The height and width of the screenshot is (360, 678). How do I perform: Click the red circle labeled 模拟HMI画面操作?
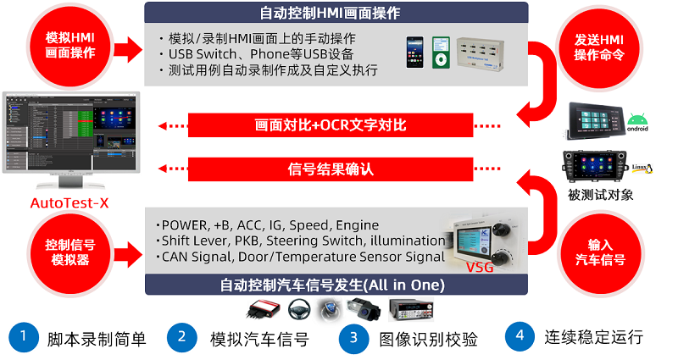(70, 46)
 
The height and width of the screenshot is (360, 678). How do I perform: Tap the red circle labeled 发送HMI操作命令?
(599, 47)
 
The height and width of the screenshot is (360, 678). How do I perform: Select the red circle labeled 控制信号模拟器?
(70, 252)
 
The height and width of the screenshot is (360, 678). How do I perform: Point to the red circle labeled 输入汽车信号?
(600, 252)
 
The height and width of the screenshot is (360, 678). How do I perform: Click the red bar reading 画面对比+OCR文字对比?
(331, 125)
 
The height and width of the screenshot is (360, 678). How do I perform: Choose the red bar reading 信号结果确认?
(331, 169)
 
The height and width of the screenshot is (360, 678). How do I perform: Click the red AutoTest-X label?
(69, 203)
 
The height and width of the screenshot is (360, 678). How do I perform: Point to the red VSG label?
(480, 267)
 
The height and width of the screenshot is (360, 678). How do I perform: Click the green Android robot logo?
(638, 122)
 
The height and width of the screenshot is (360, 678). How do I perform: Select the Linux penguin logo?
(643, 169)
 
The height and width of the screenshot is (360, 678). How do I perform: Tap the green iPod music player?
(441, 53)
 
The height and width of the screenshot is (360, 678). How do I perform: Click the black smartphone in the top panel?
(414, 52)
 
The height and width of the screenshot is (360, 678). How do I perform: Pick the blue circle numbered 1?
(24, 337)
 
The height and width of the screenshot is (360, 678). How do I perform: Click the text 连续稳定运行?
(594, 337)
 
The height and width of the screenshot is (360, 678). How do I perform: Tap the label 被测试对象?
(601, 195)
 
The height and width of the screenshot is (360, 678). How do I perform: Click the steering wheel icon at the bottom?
(299, 310)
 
